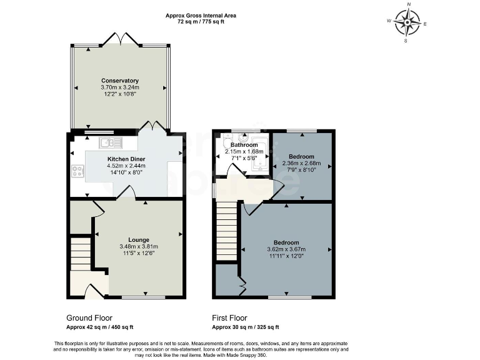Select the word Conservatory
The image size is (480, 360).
click(120, 81)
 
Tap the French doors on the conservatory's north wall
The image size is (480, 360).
click(120, 39)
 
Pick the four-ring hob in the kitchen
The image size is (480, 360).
click(79, 170)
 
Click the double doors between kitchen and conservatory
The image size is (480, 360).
click(152, 127)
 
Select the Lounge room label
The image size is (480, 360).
click(139, 239)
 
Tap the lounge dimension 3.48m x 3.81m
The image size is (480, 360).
click(139, 246)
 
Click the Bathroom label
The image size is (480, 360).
click(244, 145)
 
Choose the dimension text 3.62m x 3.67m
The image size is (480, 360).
click(286, 249)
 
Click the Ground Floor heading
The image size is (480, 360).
click(89, 317)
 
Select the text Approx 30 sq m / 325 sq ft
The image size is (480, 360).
click(246, 327)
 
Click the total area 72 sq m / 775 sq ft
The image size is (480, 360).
click(201, 22)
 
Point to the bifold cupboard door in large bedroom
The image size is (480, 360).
click(242, 286)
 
